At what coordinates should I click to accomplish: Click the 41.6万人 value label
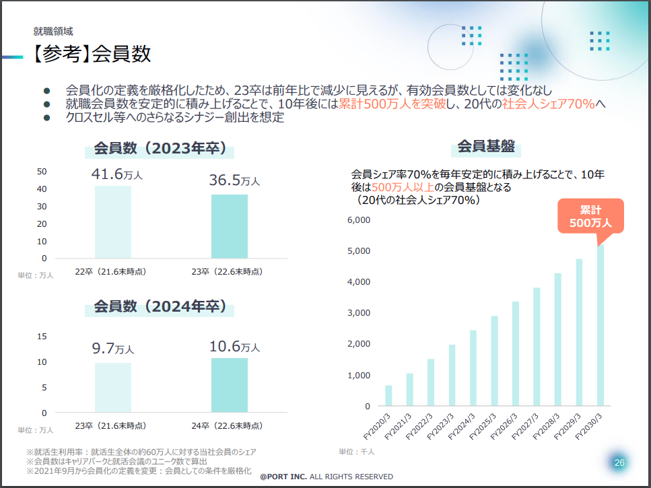(117, 176)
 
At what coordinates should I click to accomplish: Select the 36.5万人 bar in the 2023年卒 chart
(229, 225)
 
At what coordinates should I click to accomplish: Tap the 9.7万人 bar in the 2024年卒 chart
(113, 387)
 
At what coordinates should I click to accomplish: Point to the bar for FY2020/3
(388, 396)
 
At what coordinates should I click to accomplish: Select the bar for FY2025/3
(494, 361)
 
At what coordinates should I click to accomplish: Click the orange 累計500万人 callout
(590, 216)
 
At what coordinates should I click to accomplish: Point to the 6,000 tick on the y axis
(359, 220)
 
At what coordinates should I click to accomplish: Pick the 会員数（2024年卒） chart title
(160, 307)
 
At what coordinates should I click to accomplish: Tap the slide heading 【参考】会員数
(88, 55)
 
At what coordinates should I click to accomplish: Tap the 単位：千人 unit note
(356, 452)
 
